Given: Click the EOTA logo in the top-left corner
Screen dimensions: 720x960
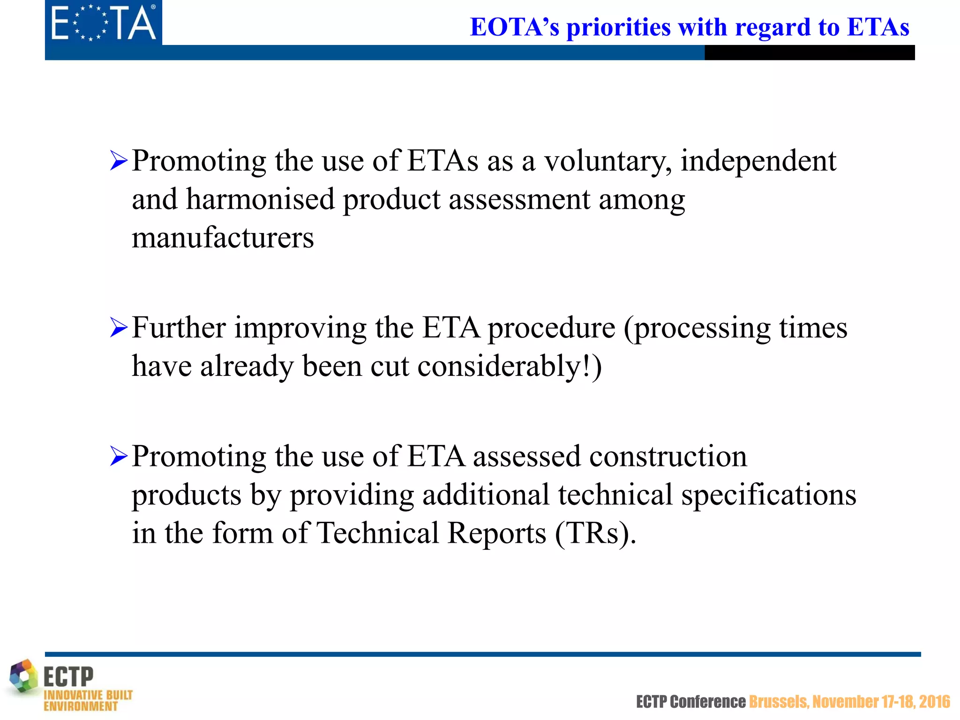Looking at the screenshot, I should pyautogui.click(x=103, y=22).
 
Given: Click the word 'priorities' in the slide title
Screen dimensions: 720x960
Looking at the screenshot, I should pyautogui.click(x=618, y=27).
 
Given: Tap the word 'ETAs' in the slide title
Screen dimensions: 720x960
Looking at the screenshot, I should pyautogui.click(x=878, y=27).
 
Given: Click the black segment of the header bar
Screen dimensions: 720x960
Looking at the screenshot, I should pyautogui.click(x=809, y=52).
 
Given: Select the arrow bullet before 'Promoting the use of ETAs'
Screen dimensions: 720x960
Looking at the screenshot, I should pyautogui.click(x=119, y=161).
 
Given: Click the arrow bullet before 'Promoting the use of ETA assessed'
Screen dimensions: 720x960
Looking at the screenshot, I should pyautogui.click(x=119, y=456).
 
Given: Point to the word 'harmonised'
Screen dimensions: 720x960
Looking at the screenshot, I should pyautogui.click(x=261, y=199).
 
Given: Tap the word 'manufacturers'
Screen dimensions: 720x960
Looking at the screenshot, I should pyautogui.click(x=223, y=238).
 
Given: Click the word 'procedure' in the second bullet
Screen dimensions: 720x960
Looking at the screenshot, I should pyautogui.click(x=551, y=328).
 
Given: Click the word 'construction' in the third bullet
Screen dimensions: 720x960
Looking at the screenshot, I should pyautogui.click(x=668, y=457).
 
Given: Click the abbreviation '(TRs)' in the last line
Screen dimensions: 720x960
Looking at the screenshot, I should pyautogui.click(x=595, y=533).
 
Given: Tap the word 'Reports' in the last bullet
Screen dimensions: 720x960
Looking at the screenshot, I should pyautogui.click(x=496, y=533).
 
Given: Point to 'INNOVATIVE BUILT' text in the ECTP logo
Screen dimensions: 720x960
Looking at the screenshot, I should pyautogui.click(x=88, y=695).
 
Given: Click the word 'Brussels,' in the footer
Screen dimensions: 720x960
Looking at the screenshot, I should pyautogui.click(x=779, y=702).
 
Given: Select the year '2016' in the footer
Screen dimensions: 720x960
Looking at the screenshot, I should pyautogui.click(x=934, y=702).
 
